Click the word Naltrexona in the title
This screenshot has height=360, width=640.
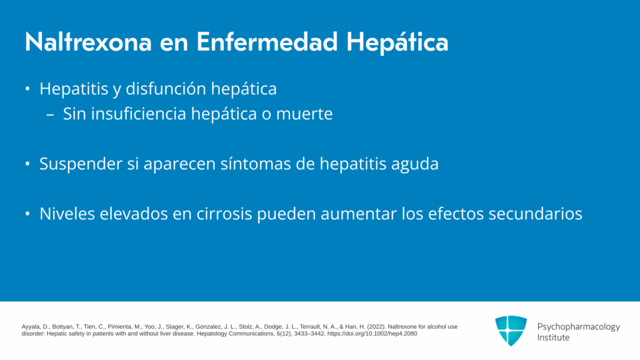pyautogui.click(x=88, y=42)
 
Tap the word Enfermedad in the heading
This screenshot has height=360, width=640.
pyautogui.click(x=267, y=42)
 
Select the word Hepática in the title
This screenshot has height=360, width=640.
pyautogui.click(x=397, y=42)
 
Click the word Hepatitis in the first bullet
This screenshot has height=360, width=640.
pyautogui.click(x=74, y=89)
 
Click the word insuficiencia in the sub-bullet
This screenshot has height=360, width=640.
pyautogui.click(x=139, y=114)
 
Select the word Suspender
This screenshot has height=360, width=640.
pyautogui.click(x=81, y=164)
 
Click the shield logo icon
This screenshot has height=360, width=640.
pyautogui.click(x=511, y=331)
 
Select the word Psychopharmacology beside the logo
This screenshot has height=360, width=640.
pyautogui.click(x=578, y=327)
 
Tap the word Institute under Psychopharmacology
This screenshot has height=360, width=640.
pyautogui.click(x=553, y=337)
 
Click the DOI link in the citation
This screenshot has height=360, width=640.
pyautogui.click(x=372, y=334)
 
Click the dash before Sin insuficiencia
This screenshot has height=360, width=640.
pyautogui.click(x=51, y=115)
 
